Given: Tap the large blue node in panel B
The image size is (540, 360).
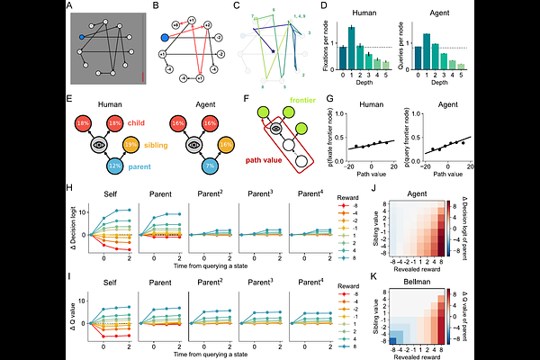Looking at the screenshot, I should pos(164,38).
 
